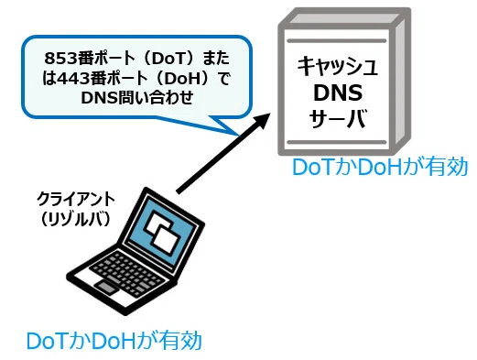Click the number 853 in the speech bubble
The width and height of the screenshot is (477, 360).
point(60,59)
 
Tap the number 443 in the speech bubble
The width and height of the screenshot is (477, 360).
point(72,79)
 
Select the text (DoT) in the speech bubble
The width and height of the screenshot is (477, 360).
point(169,59)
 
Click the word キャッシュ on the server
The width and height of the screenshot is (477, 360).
point(338,66)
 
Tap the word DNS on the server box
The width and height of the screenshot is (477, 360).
point(338,93)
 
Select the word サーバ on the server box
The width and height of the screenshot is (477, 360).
point(337,118)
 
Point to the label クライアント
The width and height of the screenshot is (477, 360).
point(76,200)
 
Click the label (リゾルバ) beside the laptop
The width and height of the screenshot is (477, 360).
point(75,219)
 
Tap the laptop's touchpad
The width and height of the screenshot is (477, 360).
point(106,289)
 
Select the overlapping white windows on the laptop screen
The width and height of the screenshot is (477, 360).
point(161,231)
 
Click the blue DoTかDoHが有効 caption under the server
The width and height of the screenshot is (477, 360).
point(380,167)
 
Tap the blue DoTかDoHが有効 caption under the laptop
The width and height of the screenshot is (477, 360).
point(114,341)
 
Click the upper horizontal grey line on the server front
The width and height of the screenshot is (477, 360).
point(337,41)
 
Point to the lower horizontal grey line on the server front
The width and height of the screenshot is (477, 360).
point(337,142)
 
